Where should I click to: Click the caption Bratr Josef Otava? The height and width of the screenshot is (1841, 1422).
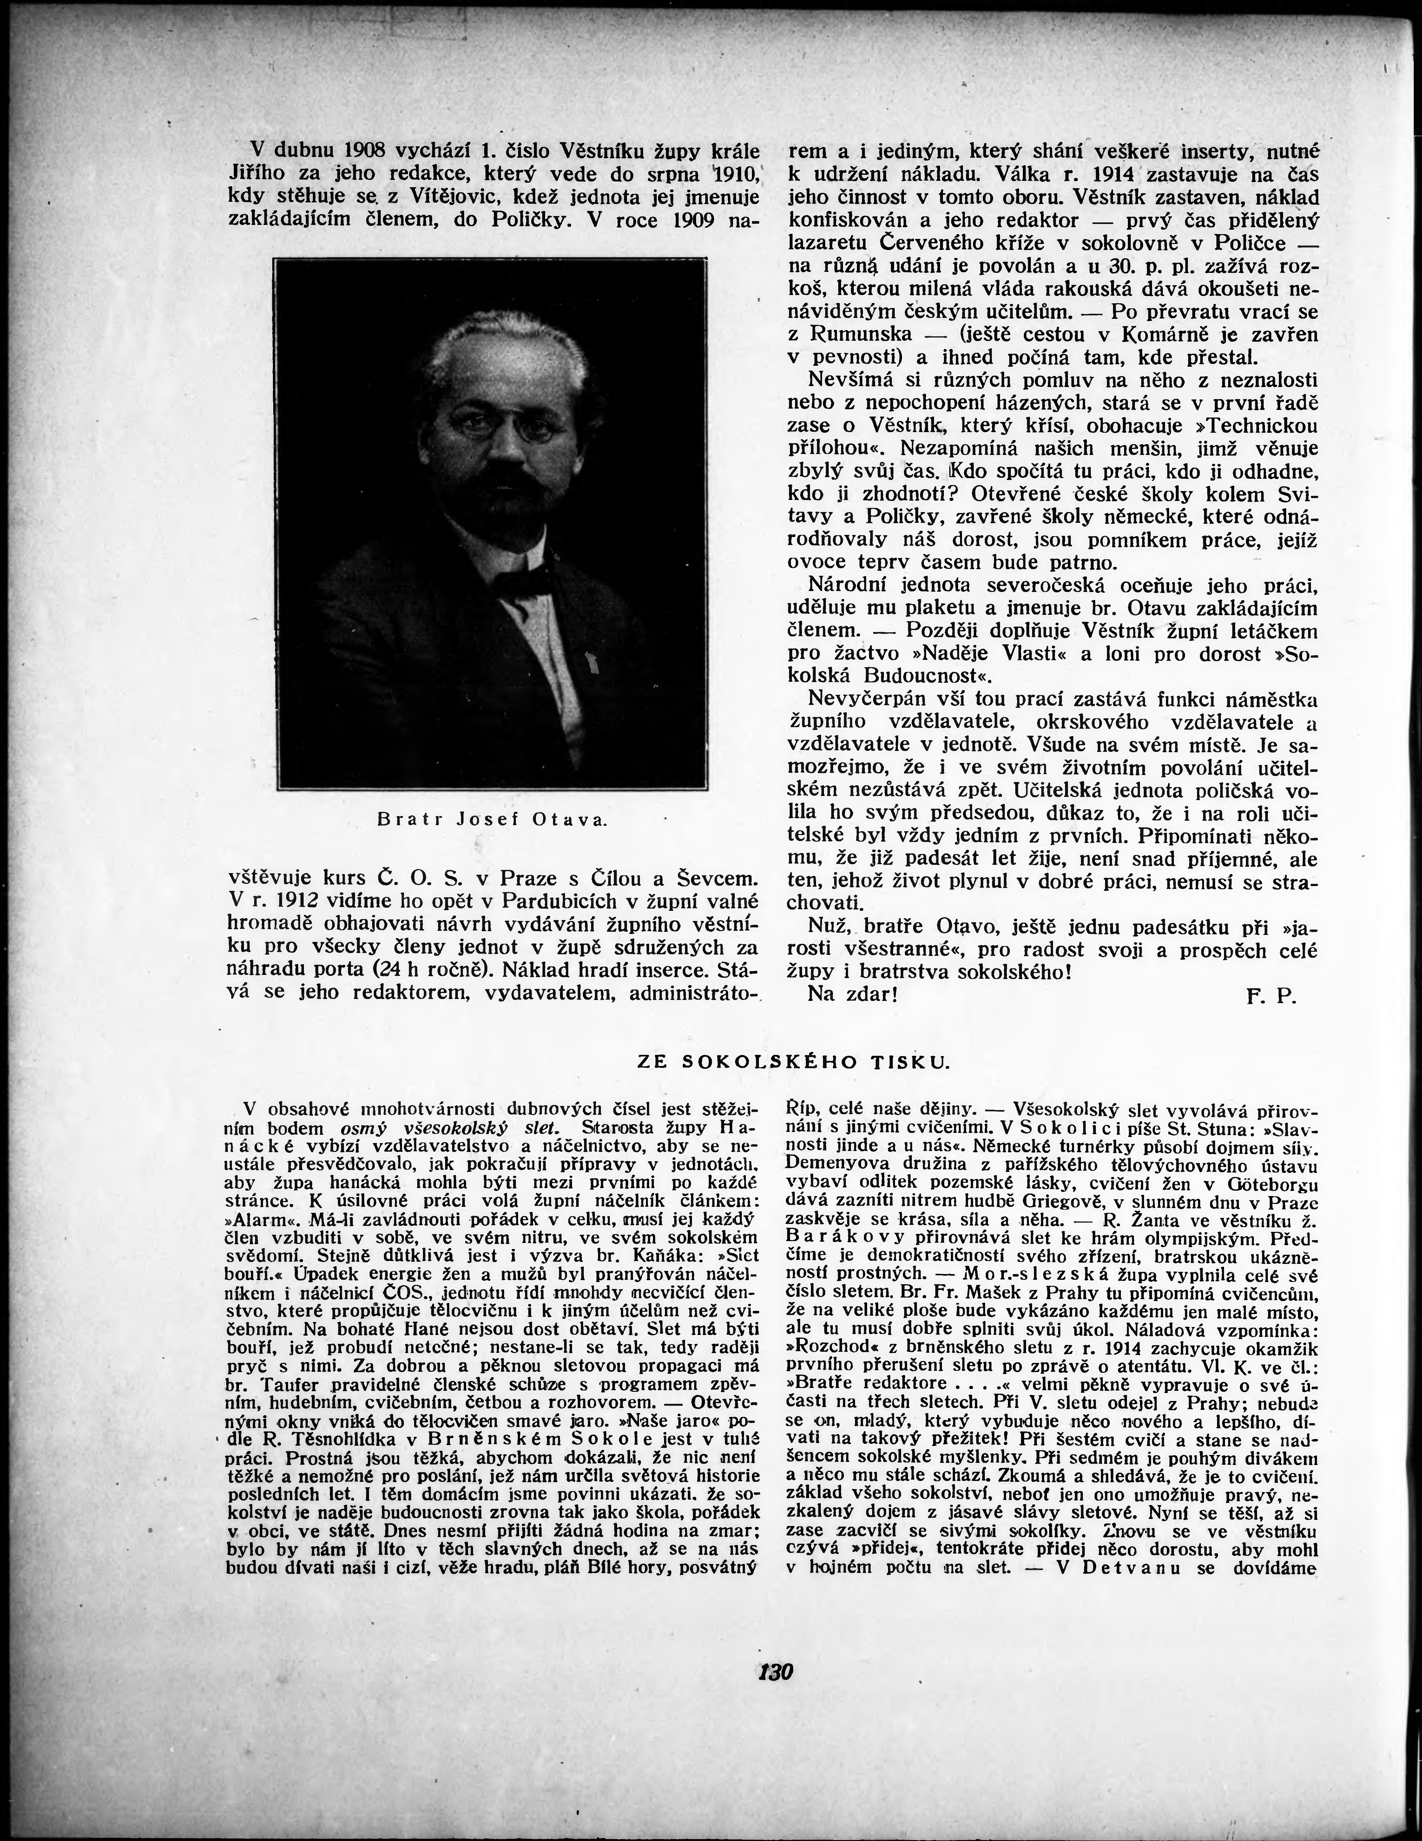tap(492, 819)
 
